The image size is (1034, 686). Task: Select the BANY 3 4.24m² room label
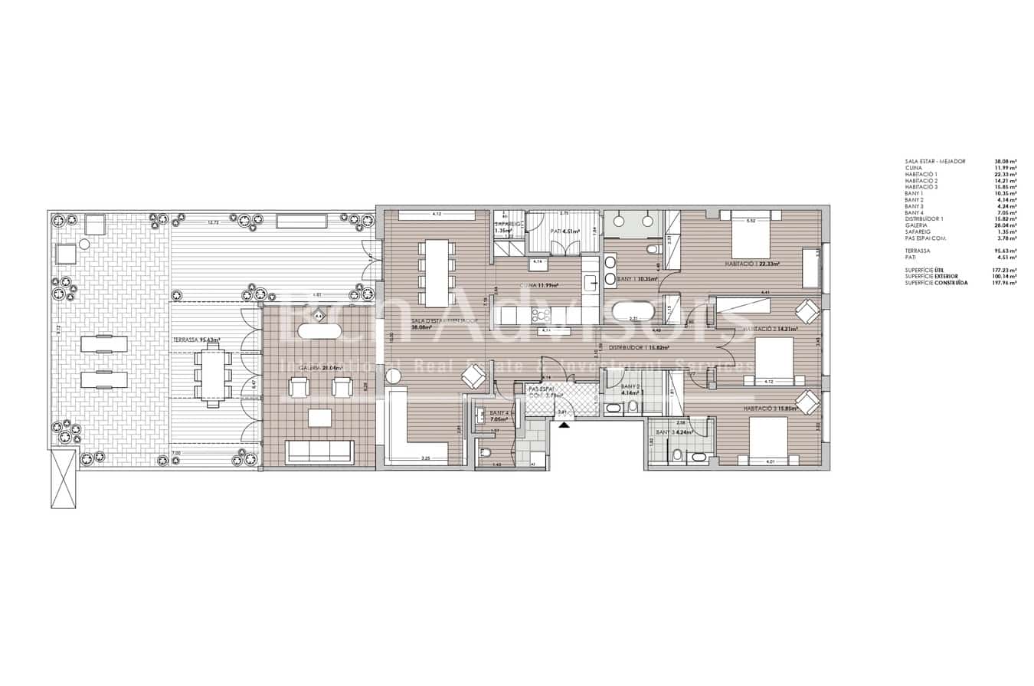[674, 432]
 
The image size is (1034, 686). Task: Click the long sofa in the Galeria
[319, 451]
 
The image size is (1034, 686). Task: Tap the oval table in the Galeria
[319, 332]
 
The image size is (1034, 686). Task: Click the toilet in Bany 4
[484, 453]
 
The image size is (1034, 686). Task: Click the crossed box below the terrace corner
[64, 478]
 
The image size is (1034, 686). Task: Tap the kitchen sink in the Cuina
[591, 284]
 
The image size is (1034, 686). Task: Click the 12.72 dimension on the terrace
[214, 222]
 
